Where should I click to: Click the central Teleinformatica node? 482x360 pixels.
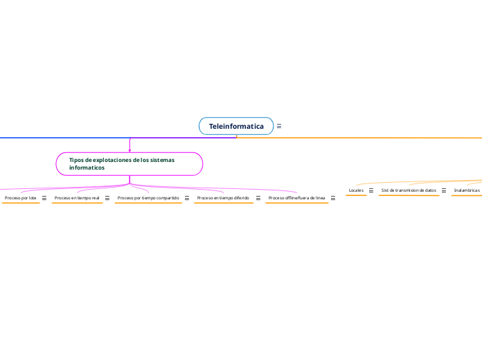236,126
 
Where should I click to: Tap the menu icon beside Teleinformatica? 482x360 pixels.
279,126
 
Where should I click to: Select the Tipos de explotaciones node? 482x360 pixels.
130,164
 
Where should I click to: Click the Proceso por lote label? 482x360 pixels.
20,198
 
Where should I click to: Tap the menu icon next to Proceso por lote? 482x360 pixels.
44,198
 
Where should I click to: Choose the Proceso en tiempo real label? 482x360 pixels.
77,198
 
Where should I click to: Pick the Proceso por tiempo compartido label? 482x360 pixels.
148,198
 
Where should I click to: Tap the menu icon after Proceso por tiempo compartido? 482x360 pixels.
187,198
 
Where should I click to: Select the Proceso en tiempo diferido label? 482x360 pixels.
223,198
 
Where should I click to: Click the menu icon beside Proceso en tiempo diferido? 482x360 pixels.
258,198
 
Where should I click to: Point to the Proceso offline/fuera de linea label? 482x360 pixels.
296,198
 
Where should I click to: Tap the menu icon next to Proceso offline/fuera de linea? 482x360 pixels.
333,198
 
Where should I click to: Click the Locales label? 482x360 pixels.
356,190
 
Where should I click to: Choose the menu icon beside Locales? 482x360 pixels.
371,190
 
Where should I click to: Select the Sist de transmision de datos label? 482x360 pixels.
409,190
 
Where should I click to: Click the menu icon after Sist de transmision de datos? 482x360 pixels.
444,190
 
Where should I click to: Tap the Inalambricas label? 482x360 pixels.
467,190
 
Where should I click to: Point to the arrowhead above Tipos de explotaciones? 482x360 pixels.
130,149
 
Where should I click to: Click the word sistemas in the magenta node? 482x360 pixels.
162,160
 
